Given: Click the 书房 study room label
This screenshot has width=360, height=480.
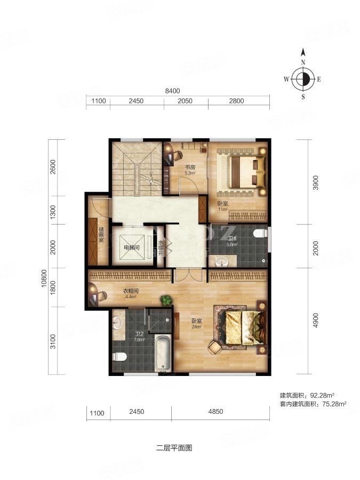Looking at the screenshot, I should [190, 167].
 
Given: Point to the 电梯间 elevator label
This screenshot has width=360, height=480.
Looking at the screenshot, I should [132, 248].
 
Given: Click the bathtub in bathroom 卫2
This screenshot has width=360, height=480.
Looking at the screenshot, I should [162, 352].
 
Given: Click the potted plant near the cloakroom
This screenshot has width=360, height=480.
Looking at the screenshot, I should [167, 300].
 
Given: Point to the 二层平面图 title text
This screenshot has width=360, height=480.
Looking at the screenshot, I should [174, 448].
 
